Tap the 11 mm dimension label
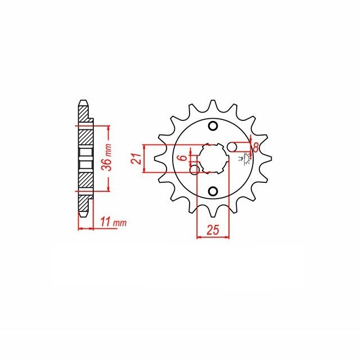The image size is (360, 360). point(114,222)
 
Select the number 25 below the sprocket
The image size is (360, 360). point(213,230)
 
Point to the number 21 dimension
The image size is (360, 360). point(136,159)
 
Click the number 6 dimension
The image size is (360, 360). point(183,158)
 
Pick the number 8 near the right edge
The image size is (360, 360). point(255,147)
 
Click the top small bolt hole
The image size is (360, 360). point(213,126)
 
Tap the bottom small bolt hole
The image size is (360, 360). point(213,191)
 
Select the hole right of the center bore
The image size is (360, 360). point(232,147)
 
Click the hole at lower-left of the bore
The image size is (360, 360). point(195,169)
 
